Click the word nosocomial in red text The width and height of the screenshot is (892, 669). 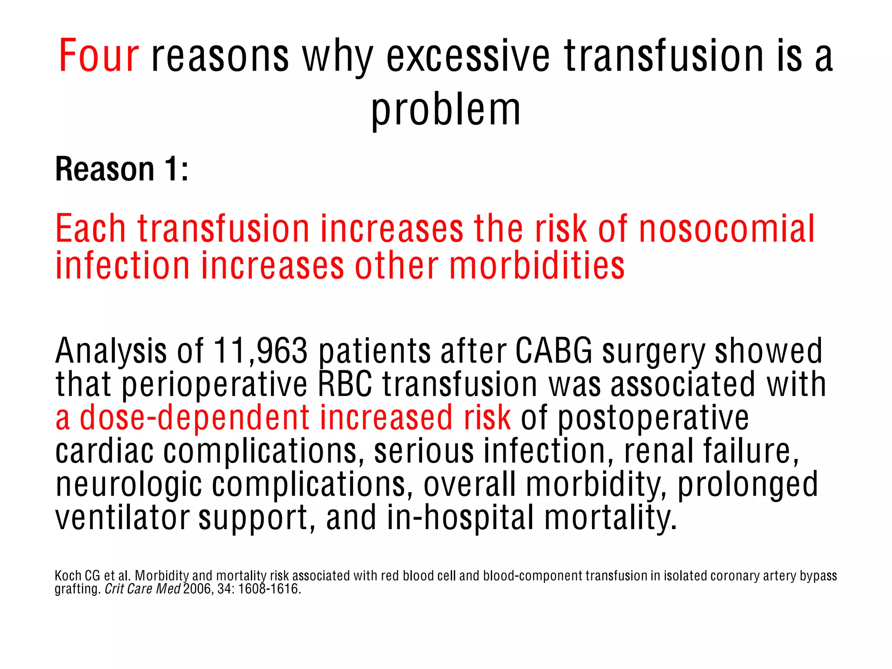[726, 229]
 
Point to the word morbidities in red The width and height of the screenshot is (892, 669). [537, 266]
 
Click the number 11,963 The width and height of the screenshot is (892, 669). [260, 351]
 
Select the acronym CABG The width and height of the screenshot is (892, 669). [554, 351]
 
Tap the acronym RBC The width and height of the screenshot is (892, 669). [345, 384]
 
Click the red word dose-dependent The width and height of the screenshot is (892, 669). [195, 417]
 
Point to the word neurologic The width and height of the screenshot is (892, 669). [129, 484]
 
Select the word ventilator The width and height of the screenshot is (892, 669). [122, 517]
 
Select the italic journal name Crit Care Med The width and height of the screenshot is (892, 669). [142, 589]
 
